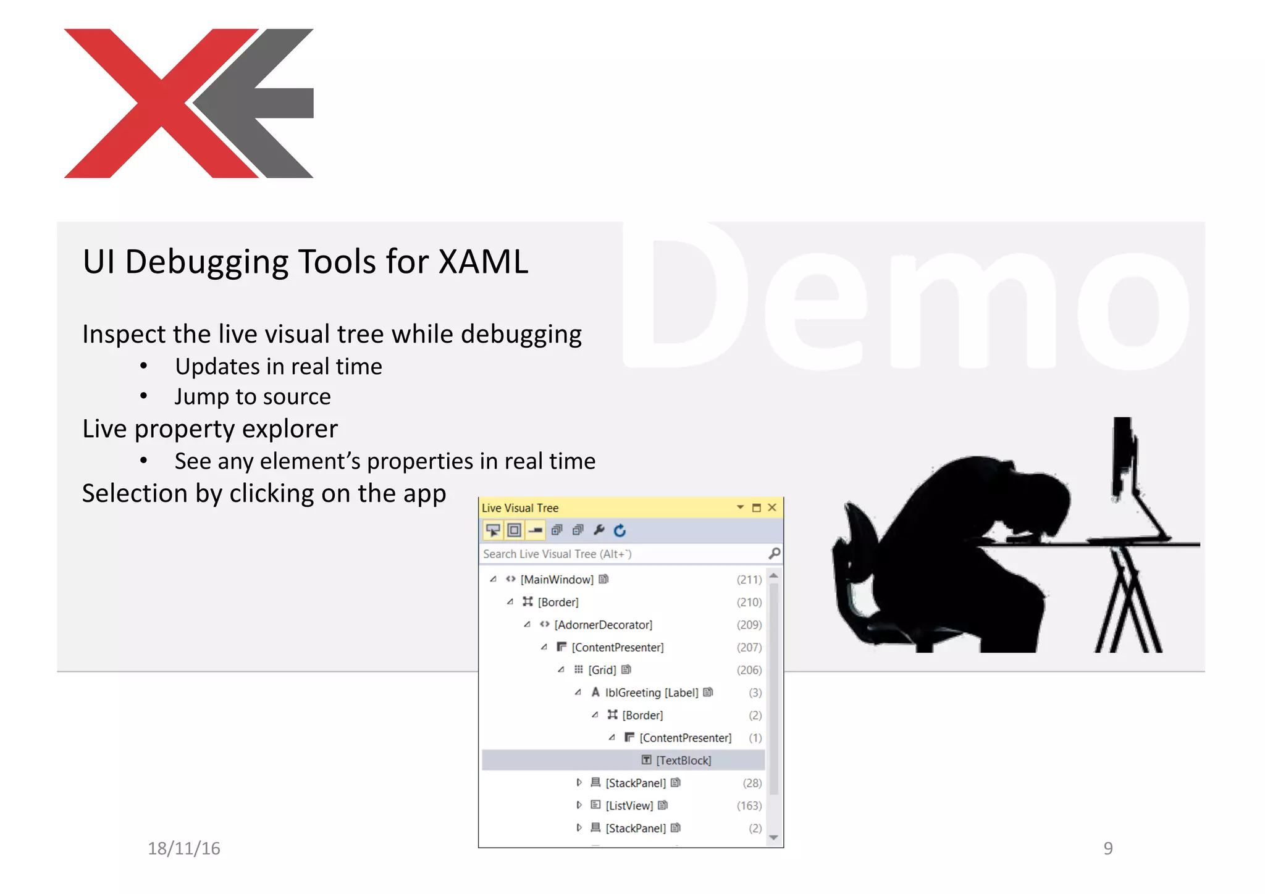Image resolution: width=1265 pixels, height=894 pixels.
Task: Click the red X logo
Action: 161,103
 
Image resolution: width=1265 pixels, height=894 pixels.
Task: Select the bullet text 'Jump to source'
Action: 252,396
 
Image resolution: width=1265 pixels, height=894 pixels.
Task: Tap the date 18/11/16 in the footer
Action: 183,848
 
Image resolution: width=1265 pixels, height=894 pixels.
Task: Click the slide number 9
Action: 1108,848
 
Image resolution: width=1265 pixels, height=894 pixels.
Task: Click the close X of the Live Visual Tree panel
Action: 771,508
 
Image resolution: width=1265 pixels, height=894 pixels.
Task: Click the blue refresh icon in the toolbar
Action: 620,530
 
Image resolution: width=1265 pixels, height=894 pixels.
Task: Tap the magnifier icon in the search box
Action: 774,553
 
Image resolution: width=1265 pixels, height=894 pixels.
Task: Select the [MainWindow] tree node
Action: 557,579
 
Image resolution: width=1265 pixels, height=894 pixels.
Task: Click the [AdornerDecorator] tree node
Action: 603,625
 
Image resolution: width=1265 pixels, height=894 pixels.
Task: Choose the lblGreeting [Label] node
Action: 651,693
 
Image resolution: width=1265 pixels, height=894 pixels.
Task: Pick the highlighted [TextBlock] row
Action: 683,761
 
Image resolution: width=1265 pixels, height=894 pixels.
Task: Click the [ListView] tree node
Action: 629,806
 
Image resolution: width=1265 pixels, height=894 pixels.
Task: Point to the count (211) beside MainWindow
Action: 749,579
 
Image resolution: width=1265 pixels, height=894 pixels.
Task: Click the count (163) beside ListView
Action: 749,806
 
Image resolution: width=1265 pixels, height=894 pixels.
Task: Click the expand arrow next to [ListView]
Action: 579,805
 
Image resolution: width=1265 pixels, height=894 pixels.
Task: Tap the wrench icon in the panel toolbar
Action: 599,530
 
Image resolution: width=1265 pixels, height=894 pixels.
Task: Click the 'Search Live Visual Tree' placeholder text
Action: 557,554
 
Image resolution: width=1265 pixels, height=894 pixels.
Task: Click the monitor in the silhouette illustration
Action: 1122,457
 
